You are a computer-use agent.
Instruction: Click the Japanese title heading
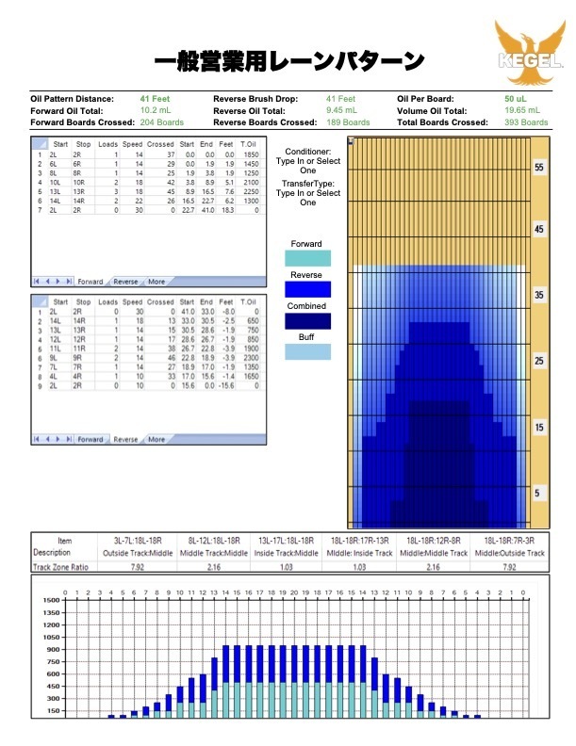(x=288, y=62)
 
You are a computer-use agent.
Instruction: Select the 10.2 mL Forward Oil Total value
(x=155, y=110)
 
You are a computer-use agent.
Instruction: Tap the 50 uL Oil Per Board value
(x=516, y=98)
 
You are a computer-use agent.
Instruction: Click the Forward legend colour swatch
(x=307, y=258)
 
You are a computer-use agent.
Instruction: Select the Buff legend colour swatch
(x=307, y=351)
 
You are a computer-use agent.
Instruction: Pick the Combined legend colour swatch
(x=307, y=320)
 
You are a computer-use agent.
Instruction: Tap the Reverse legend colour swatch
(x=307, y=289)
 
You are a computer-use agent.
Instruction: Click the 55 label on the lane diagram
(x=539, y=167)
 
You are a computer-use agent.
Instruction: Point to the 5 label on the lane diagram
(x=539, y=493)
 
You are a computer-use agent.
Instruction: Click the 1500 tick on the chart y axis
(x=50, y=600)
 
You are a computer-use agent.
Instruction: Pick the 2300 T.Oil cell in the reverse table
(x=249, y=358)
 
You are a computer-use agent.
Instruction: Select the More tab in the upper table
(x=156, y=282)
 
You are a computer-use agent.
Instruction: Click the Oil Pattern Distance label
(x=72, y=98)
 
